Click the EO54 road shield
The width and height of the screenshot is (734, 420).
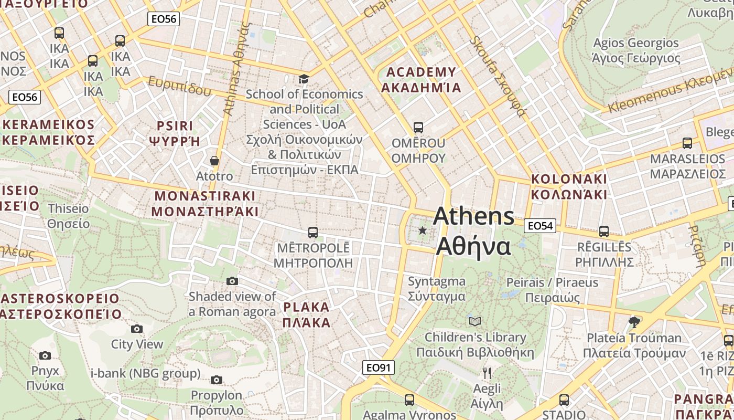[540, 226]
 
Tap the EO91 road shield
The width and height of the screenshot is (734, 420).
[378, 367]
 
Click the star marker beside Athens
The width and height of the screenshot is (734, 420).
[423, 230]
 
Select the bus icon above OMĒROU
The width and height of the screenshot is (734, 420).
[418, 128]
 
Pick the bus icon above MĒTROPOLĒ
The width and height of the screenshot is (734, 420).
[313, 232]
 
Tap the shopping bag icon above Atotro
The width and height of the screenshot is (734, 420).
[214, 161]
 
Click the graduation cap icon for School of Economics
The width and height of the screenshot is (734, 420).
[304, 79]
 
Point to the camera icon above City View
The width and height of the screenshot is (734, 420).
[137, 329]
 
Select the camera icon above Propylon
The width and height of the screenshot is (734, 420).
[217, 380]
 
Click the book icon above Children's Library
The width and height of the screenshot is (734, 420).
[475, 321]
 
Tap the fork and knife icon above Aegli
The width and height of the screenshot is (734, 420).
[487, 373]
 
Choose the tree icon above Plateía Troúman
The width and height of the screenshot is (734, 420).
[634, 322]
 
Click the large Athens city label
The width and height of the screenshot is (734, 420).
[474, 231]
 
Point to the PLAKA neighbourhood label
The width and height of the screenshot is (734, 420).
[307, 314]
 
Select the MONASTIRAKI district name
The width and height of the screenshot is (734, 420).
[205, 204]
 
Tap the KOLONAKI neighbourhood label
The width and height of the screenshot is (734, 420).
[569, 186]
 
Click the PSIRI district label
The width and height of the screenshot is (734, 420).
[175, 133]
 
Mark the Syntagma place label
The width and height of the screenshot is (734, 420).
[437, 289]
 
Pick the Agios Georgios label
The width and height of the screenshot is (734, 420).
[635, 50]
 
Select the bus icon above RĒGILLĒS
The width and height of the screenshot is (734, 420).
[604, 232]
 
